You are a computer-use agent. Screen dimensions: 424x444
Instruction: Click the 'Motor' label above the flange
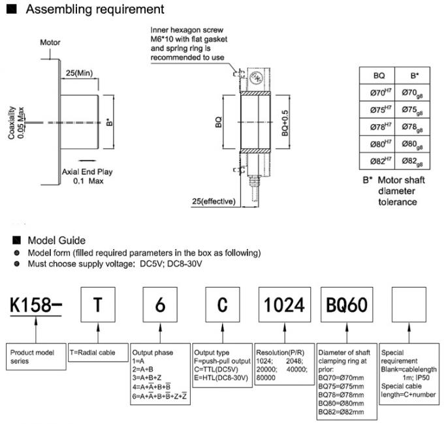click(x=50, y=42)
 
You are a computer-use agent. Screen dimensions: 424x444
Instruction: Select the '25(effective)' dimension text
click(x=213, y=201)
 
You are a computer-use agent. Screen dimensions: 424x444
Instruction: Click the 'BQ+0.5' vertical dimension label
click(x=285, y=122)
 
